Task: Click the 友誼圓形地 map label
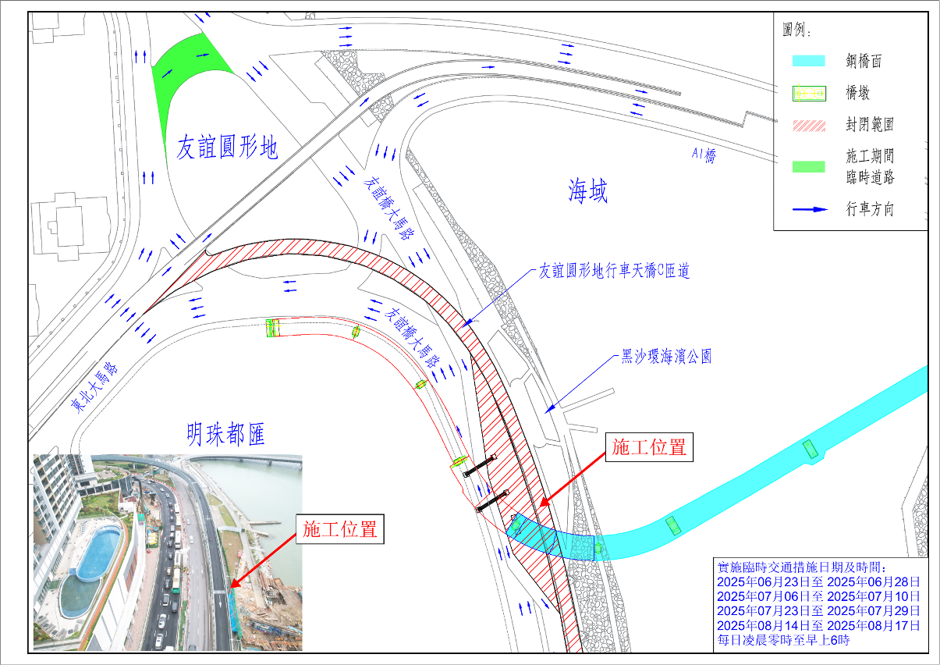226,148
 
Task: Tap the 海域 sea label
587,190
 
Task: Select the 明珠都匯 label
226,435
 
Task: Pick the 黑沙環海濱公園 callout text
666,357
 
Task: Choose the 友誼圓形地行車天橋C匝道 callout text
615,272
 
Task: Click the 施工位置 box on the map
648,448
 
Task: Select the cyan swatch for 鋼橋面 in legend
808,61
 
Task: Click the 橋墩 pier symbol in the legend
808,94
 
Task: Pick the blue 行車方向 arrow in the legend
808,209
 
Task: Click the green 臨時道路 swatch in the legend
808,166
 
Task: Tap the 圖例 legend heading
796,32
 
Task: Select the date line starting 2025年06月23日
818,581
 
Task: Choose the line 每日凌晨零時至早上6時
782,639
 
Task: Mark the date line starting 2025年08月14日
818,625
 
